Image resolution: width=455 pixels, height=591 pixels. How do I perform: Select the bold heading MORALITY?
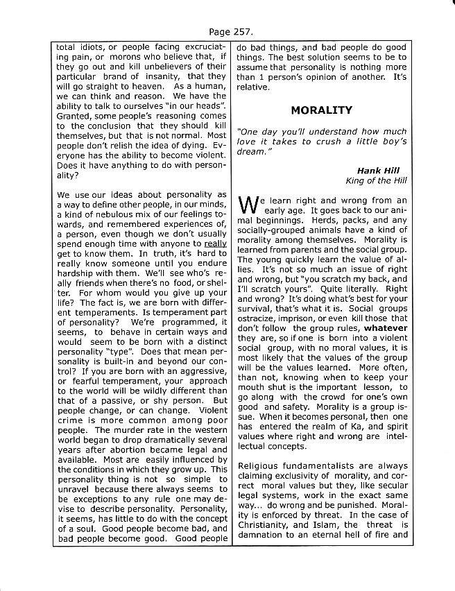point(321,110)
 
